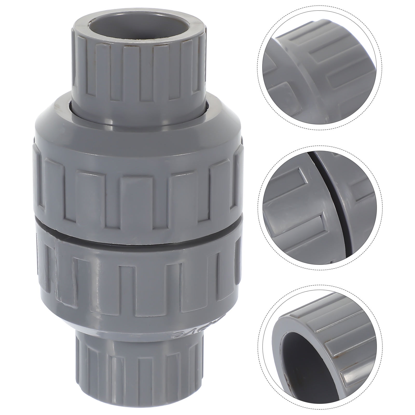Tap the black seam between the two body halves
click(137, 235)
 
